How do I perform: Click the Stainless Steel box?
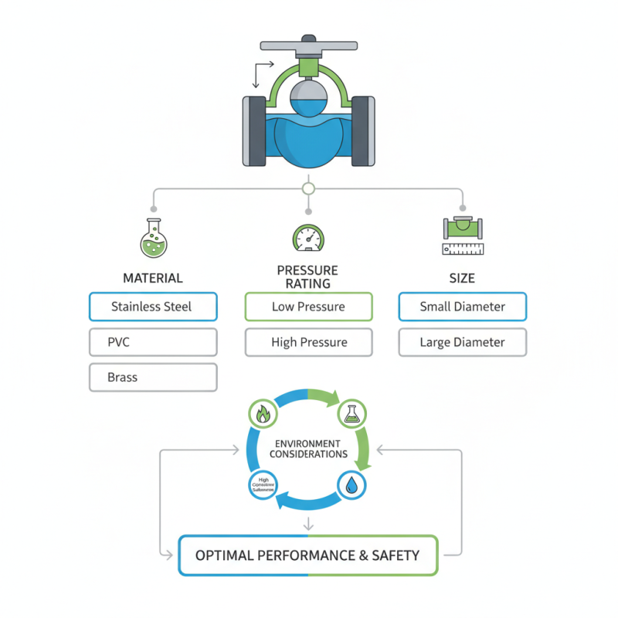tap(153, 307)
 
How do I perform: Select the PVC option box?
tap(153, 342)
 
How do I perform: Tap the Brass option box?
tap(153, 378)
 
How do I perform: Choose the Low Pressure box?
tap(308, 307)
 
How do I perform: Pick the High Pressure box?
tap(308, 342)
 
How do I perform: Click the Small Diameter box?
tap(462, 307)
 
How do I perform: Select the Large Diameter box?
tap(462, 342)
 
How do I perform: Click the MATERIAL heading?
tap(153, 278)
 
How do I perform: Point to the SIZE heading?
tap(462, 278)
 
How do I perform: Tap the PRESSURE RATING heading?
tap(307, 277)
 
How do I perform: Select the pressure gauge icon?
tap(308, 238)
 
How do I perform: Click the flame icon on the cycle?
tap(263, 415)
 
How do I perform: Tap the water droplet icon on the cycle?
tap(351, 485)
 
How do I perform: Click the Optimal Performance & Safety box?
tap(307, 555)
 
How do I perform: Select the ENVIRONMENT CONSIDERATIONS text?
tap(308, 449)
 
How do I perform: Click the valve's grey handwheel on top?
tap(308, 45)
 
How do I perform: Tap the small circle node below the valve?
tap(308, 188)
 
